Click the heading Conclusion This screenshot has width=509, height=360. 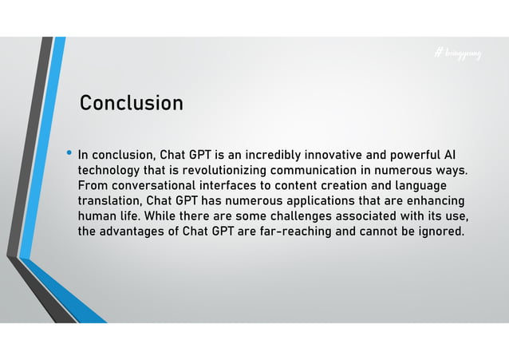[131, 104]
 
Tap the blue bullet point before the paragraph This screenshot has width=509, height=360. [69, 152]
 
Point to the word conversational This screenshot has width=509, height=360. [159, 185]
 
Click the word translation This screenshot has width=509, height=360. [109, 200]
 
